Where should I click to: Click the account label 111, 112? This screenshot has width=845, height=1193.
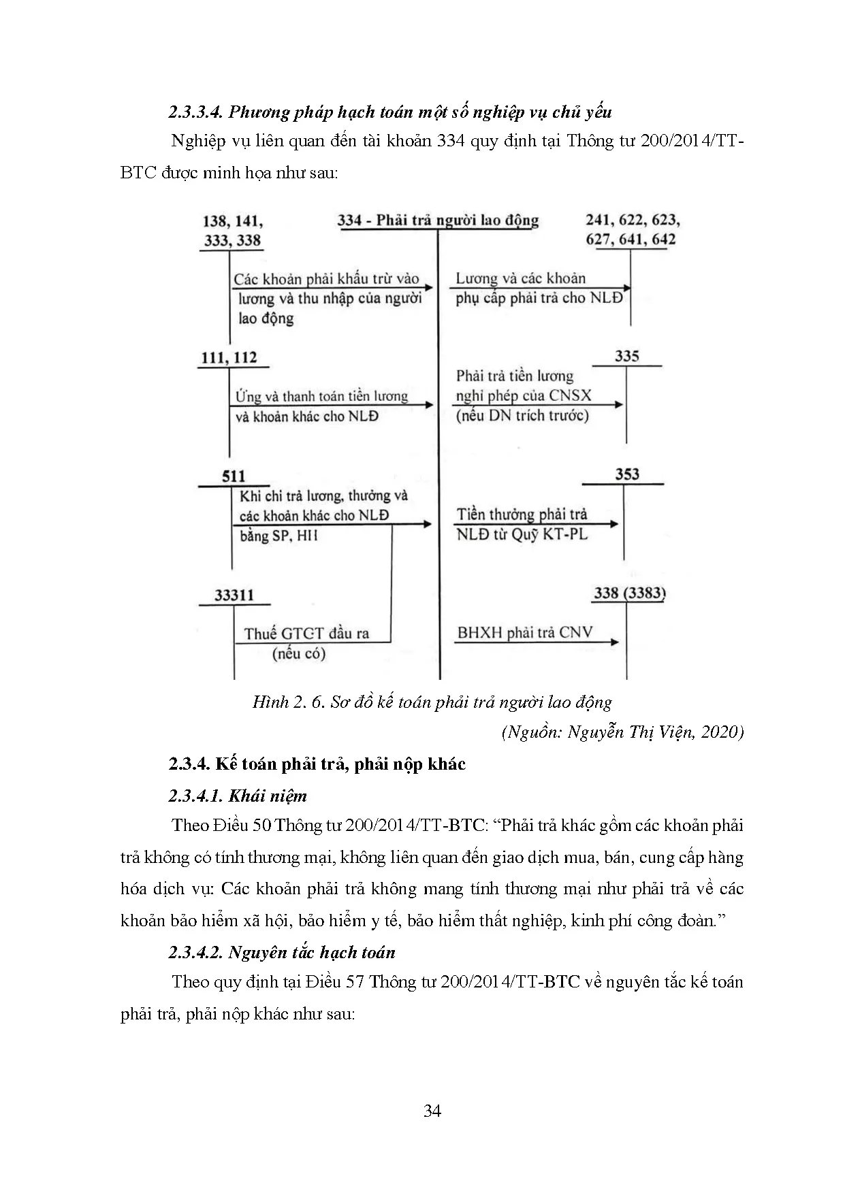(x=229, y=357)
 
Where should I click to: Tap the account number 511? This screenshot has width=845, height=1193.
(x=234, y=476)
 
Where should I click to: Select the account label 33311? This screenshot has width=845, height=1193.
(x=234, y=595)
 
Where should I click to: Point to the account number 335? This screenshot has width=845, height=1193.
(x=627, y=356)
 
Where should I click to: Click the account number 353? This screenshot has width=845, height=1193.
(x=627, y=474)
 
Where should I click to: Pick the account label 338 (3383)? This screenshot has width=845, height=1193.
(x=629, y=593)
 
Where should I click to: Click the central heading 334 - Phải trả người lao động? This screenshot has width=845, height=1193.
(x=438, y=220)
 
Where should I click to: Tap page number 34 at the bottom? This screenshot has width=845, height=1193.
(x=432, y=1111)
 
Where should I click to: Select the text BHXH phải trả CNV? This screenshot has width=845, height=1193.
(x=524, y=632)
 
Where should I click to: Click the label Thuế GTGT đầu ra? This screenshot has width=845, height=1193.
(x=306, y=634)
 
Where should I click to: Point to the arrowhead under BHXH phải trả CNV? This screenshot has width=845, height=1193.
(x=615, y=642)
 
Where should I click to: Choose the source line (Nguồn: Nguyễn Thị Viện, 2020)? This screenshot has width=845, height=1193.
(x=622, y=732)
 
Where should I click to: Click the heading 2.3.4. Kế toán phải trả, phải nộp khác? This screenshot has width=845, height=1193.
(x=317, y=764)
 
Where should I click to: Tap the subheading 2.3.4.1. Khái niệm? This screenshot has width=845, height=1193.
(x=238, y=796)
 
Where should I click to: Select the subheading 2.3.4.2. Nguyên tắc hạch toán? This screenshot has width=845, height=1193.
(x=282, y=952)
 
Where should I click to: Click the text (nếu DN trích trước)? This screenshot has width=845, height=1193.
(x=522, y=415)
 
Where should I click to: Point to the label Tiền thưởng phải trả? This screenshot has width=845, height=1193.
(x=522, y=514)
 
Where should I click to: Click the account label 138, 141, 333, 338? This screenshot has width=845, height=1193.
(x=233, y=230)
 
